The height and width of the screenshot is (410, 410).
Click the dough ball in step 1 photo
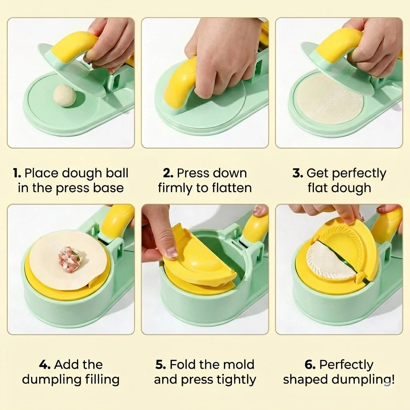point(64,95)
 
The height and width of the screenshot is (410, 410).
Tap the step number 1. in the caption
point(18,173)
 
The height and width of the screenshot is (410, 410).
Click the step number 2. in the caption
point(168,173)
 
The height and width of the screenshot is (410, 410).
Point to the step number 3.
point(298,173)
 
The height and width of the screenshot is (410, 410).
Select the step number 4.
point(45,364)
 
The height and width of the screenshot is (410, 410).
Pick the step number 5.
point(161,364)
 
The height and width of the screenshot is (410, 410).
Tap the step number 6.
point(310,364)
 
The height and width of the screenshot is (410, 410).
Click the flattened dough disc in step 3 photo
point(330,101)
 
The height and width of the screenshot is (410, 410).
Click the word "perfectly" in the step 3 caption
point(359,174)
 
